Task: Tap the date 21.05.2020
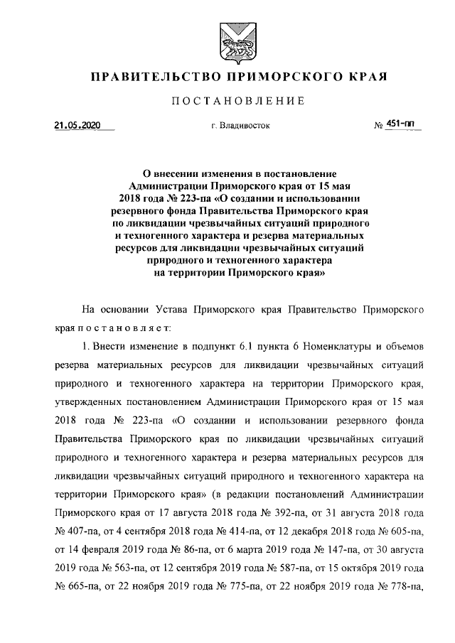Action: pos(77,126)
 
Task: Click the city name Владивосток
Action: pos(245,126)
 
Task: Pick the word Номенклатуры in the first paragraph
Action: pos(336,347)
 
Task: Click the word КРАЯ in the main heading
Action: pos(367,77)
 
